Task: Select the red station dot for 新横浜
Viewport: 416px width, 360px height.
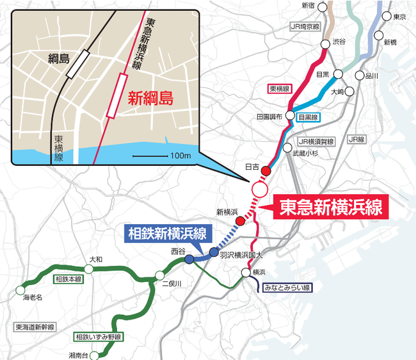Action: (x=240, y=221)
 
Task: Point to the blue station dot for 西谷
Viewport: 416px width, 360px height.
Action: (x=189, y=259)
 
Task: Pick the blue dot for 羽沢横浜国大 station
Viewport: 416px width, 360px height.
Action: (x=214, y=251)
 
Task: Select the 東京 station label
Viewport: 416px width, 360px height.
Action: (x=400, y=17)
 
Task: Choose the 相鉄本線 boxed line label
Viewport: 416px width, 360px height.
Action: (x=68, y=279)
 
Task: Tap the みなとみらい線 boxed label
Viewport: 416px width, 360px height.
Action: (x=289, y=289)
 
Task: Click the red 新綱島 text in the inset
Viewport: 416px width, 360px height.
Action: (x=151, y=99)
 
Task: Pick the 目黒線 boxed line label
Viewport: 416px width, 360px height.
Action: (x=310, y=117)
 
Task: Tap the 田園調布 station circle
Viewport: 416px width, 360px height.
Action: (x=290, y=115)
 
